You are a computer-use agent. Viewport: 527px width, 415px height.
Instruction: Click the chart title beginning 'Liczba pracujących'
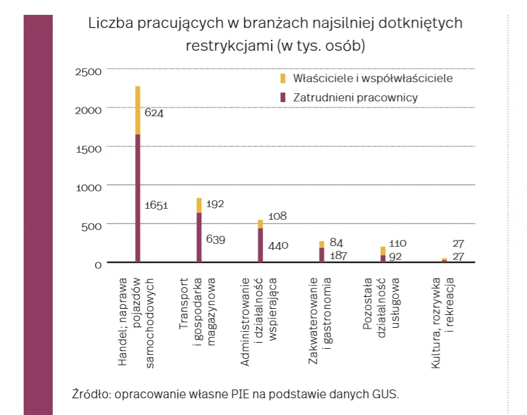pos(275,34)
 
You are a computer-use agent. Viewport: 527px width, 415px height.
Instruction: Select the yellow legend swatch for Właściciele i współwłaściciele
pos(283,78)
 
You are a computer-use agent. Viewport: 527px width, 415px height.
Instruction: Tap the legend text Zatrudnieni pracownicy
pos(355,97)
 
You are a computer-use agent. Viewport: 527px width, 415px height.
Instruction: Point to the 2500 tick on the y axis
pos(89,71)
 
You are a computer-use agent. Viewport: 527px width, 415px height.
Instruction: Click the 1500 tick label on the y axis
pos(89,148)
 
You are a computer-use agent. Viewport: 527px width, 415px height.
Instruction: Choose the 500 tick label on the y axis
pos(91,225)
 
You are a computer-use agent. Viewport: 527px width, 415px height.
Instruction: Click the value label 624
pos(154,113)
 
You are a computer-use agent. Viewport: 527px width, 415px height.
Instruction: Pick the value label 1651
pos(156,205)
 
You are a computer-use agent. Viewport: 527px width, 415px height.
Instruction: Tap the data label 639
pos(216,239)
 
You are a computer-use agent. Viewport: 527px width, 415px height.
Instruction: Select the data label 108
pos(278,216)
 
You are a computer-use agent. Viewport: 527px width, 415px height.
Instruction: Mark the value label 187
pos(338,255)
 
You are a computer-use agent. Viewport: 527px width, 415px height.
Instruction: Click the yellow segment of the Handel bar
pos(138,110)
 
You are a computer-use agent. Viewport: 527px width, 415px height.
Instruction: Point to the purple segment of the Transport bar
pos(199,237)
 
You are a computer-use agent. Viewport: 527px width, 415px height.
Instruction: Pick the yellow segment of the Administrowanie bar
pos(260,224)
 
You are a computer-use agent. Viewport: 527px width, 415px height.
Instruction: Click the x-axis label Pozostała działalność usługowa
pos(382,305)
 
